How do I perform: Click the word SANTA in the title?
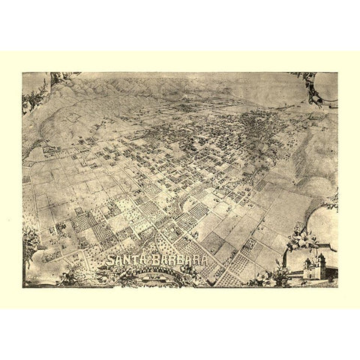[126, 262]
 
